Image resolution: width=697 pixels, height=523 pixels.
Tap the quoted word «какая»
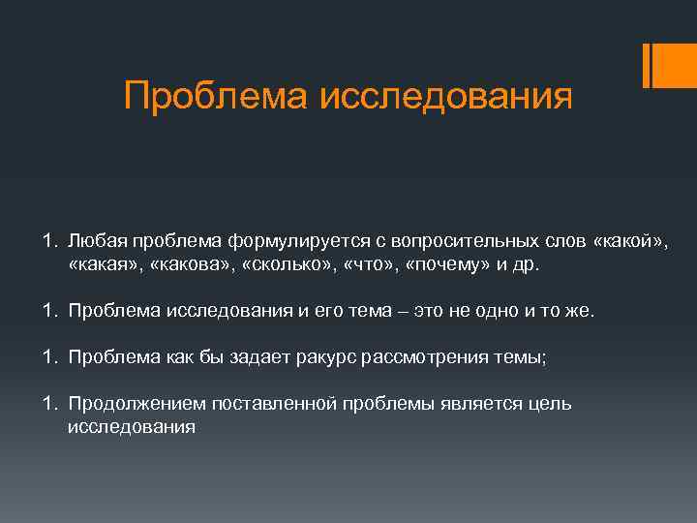(x=104, y=263)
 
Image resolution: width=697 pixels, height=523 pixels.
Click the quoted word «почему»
(x=449, y=263)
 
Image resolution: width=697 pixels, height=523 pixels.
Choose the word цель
(x=548, y=403)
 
